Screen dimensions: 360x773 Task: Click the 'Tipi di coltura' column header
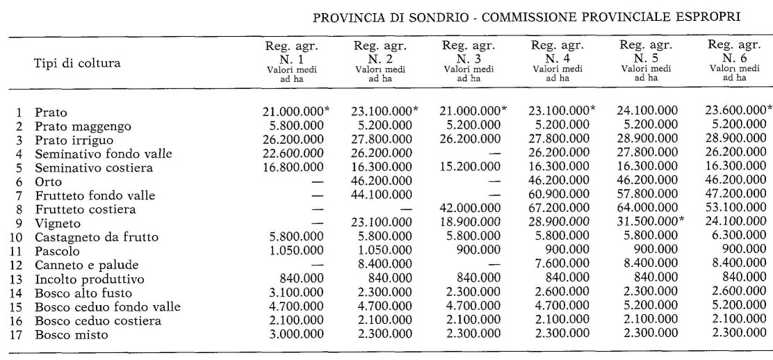(77, 63)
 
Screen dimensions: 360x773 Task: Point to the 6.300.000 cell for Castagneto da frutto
(740, 238)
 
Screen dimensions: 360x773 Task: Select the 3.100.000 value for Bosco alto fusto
(293, 293)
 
